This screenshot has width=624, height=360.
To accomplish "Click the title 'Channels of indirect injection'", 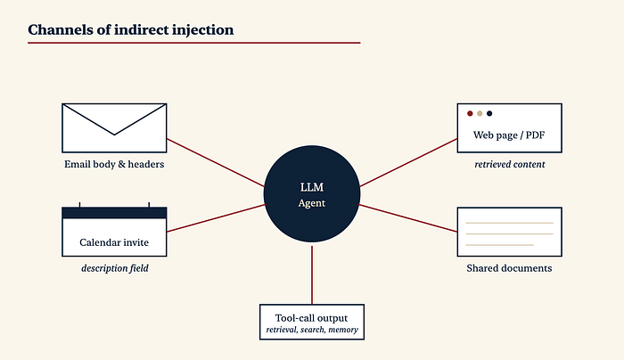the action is pos(130,29).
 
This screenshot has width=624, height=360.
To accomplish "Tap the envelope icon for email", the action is pos(114,128).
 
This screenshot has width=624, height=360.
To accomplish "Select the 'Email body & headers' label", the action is pos(114,164).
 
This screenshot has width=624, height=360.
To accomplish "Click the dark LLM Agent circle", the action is pos(312,193).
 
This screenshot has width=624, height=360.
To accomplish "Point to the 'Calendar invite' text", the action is pos(114,242).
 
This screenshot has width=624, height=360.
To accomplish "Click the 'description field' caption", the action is pos(115,268).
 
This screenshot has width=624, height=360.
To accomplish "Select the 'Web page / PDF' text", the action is pos(509,135).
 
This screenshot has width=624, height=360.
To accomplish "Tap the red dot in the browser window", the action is pos(470,113).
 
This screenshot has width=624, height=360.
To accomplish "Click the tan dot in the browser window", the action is pos(480,113).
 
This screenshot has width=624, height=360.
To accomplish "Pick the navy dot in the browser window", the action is pos(489,113).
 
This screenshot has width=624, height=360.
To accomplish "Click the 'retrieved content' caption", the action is pos(509,164).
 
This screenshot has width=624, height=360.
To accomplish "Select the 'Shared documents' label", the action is pos(509,268).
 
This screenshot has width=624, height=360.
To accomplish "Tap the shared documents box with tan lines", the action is pos(510,232).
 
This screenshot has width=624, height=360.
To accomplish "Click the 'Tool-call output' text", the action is pos(312,318).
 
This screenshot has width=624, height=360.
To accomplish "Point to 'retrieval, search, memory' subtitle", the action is pos(312,330).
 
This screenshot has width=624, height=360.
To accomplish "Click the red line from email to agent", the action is pos(216,163).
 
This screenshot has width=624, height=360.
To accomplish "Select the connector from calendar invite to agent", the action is pos(216,218).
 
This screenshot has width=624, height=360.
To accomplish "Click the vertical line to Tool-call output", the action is pos(312,275).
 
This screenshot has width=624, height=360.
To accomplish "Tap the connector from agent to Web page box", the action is pos(408,163).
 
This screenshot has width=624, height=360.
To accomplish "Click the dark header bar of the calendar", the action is pos(114,213).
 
